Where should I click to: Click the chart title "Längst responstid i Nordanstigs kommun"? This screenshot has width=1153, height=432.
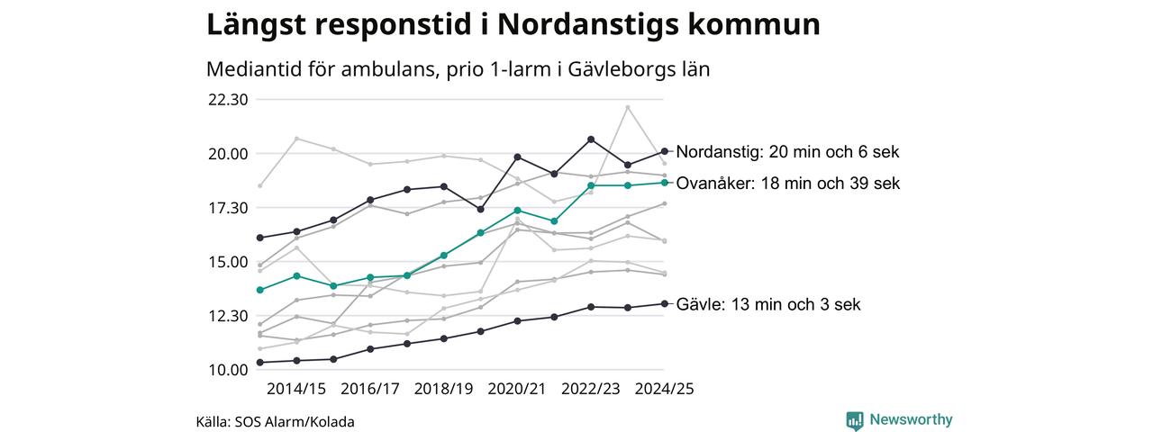(513, 24)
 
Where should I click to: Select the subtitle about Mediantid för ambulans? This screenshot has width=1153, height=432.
(458, 69)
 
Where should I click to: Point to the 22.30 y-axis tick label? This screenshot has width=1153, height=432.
(228, 100)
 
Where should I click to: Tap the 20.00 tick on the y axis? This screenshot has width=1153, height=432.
(228, 154)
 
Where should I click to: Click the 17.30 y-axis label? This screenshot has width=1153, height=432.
(228, 208)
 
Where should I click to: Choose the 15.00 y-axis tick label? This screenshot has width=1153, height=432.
(228, 262)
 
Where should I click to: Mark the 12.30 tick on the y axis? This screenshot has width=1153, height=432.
(228, 316)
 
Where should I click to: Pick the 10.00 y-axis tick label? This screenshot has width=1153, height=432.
(228, 370)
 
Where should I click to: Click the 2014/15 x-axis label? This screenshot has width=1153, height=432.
(296, 389)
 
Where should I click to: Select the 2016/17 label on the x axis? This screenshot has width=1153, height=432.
(370, 389)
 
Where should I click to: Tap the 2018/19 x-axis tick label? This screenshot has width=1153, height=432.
(444, 389)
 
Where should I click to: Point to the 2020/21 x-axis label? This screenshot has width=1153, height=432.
(517, 389)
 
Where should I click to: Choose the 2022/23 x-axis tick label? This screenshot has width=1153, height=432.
(591, 389)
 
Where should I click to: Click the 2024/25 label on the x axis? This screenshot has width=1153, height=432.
(665, 389)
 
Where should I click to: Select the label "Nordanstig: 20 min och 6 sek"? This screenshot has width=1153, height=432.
(787, 152)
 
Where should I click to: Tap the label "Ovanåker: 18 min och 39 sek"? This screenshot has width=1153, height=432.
(787, 184)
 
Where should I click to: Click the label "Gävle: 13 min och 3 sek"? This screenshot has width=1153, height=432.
(768, 304)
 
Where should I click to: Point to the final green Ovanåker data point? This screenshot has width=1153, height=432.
(665, 182)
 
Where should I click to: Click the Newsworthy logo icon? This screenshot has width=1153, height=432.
(855, 420)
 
